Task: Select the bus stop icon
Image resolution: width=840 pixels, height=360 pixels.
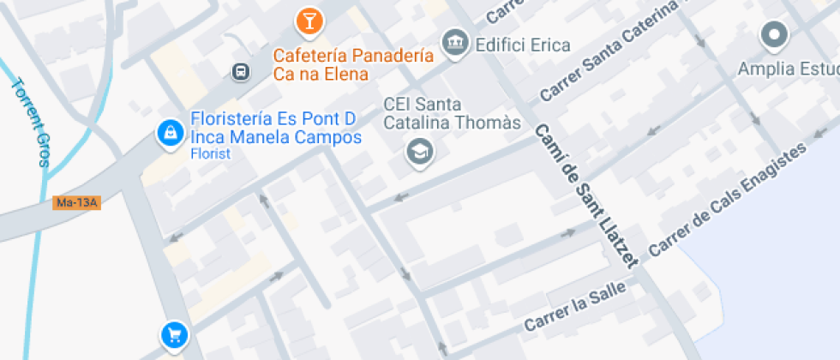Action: coord(241,71)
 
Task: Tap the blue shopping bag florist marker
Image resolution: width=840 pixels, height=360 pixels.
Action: coord(170,132)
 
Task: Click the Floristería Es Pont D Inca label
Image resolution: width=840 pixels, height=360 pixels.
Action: coord(275,128)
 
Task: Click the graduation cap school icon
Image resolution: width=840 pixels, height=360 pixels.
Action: coord(420,153)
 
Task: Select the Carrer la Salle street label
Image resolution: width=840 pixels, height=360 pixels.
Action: coord(575,308)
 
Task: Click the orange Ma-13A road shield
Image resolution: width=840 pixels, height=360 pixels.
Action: coord(76,203)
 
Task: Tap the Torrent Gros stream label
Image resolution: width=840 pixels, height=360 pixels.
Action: coord(31,122)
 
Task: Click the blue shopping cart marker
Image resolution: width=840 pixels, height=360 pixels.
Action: coord(174,334)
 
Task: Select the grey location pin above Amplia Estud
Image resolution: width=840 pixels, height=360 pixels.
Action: coord(774,36)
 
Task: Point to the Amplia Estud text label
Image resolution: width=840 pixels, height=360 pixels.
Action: coord(789,69)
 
